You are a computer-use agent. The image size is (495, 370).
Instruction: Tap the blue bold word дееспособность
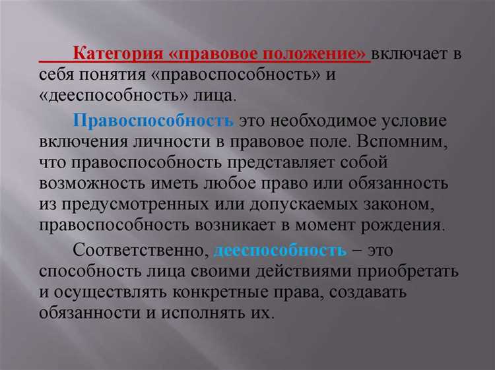(x=280, y=251)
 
